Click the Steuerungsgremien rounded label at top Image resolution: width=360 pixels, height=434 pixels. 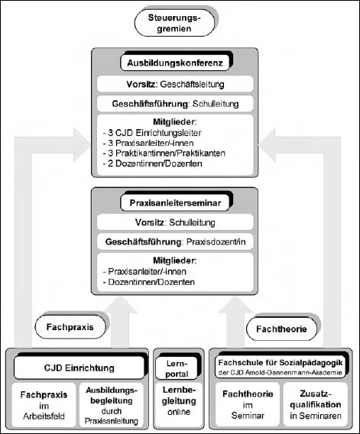point(174,23)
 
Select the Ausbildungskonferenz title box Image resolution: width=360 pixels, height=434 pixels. point(175,63)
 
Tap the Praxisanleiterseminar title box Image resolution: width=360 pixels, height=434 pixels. point(175,203)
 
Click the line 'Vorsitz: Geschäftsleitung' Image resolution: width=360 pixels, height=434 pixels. point(175,84)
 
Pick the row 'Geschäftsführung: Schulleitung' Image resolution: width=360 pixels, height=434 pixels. point(175,104)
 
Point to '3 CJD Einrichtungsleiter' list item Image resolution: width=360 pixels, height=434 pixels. point(152,133)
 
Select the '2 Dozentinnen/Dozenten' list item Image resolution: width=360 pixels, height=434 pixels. point(152,164)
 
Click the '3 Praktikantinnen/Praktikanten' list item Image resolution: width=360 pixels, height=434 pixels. point(164,153)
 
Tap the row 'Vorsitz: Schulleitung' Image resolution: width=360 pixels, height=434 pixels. point(175,222)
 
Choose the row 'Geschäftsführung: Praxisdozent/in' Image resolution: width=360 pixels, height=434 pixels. point(175,242)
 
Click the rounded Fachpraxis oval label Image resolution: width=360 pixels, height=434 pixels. point(70,327)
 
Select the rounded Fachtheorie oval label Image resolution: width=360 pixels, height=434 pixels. point(281,329)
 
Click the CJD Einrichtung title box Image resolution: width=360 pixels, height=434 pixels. point(79,368)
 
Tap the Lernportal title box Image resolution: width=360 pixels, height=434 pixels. point(177,368)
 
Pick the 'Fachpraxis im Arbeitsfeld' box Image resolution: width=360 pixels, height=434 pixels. point(44,405)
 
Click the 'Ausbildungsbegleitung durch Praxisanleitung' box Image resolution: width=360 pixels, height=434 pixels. point(112,405)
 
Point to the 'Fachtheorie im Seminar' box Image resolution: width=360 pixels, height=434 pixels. point(248,404)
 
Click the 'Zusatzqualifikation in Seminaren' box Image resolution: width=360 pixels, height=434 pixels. point(316,404)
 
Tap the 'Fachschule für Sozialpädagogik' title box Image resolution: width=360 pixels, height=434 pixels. point(281,367)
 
